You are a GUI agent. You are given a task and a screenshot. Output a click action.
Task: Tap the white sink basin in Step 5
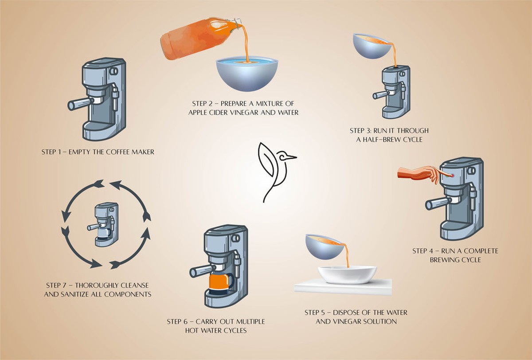click(x=347, y=274)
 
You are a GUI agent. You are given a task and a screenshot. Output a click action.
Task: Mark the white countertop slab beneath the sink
click(x=344, y=288)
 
